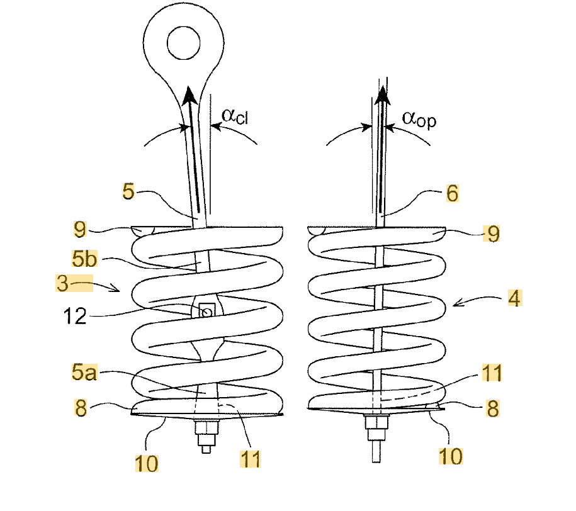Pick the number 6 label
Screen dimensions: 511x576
click(453, 193)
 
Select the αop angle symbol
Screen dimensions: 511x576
click(419, 119)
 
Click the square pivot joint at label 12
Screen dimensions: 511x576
click(205, 310)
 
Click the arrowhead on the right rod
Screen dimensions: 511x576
click(381, 94)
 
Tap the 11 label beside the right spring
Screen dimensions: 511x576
click(492, 373)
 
